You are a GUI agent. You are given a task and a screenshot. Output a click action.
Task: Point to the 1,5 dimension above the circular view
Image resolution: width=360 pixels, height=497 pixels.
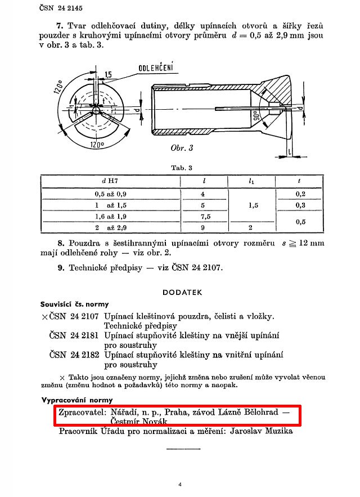[x=107, y=74]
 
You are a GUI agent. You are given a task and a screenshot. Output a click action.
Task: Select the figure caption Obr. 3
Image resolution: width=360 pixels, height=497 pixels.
[x=182, y=148]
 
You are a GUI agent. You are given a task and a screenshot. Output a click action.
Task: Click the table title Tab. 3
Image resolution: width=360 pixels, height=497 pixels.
[x=181, y=168]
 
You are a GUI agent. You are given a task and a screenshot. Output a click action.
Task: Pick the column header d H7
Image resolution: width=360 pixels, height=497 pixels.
[x=110, y=181]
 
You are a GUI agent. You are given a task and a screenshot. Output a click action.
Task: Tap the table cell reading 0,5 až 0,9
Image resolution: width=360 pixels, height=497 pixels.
[x=110, y=194]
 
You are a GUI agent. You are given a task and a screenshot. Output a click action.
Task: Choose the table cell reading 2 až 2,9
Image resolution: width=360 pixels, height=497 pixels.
[x=110, y=228]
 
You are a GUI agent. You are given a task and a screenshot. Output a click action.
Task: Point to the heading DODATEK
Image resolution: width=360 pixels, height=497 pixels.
[x=182, y=292]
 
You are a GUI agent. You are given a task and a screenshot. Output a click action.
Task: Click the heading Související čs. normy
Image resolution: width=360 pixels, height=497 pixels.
[x=74, y=304]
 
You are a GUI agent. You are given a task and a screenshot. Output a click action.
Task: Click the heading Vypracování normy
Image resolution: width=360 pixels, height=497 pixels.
[x=73, y=400]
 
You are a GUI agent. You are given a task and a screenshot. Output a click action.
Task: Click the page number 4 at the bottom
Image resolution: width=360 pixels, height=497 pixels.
[x=179, y=484]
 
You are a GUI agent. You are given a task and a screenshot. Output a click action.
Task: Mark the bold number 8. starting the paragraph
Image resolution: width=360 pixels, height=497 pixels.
[x=61, y=244]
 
